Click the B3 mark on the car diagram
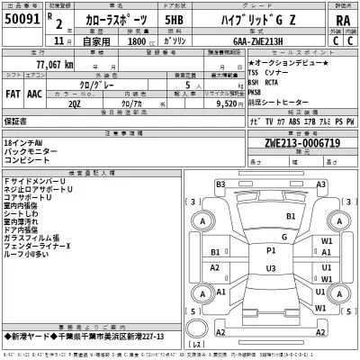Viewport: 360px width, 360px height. point(220,184)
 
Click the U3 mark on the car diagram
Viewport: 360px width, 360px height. point(270,268)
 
